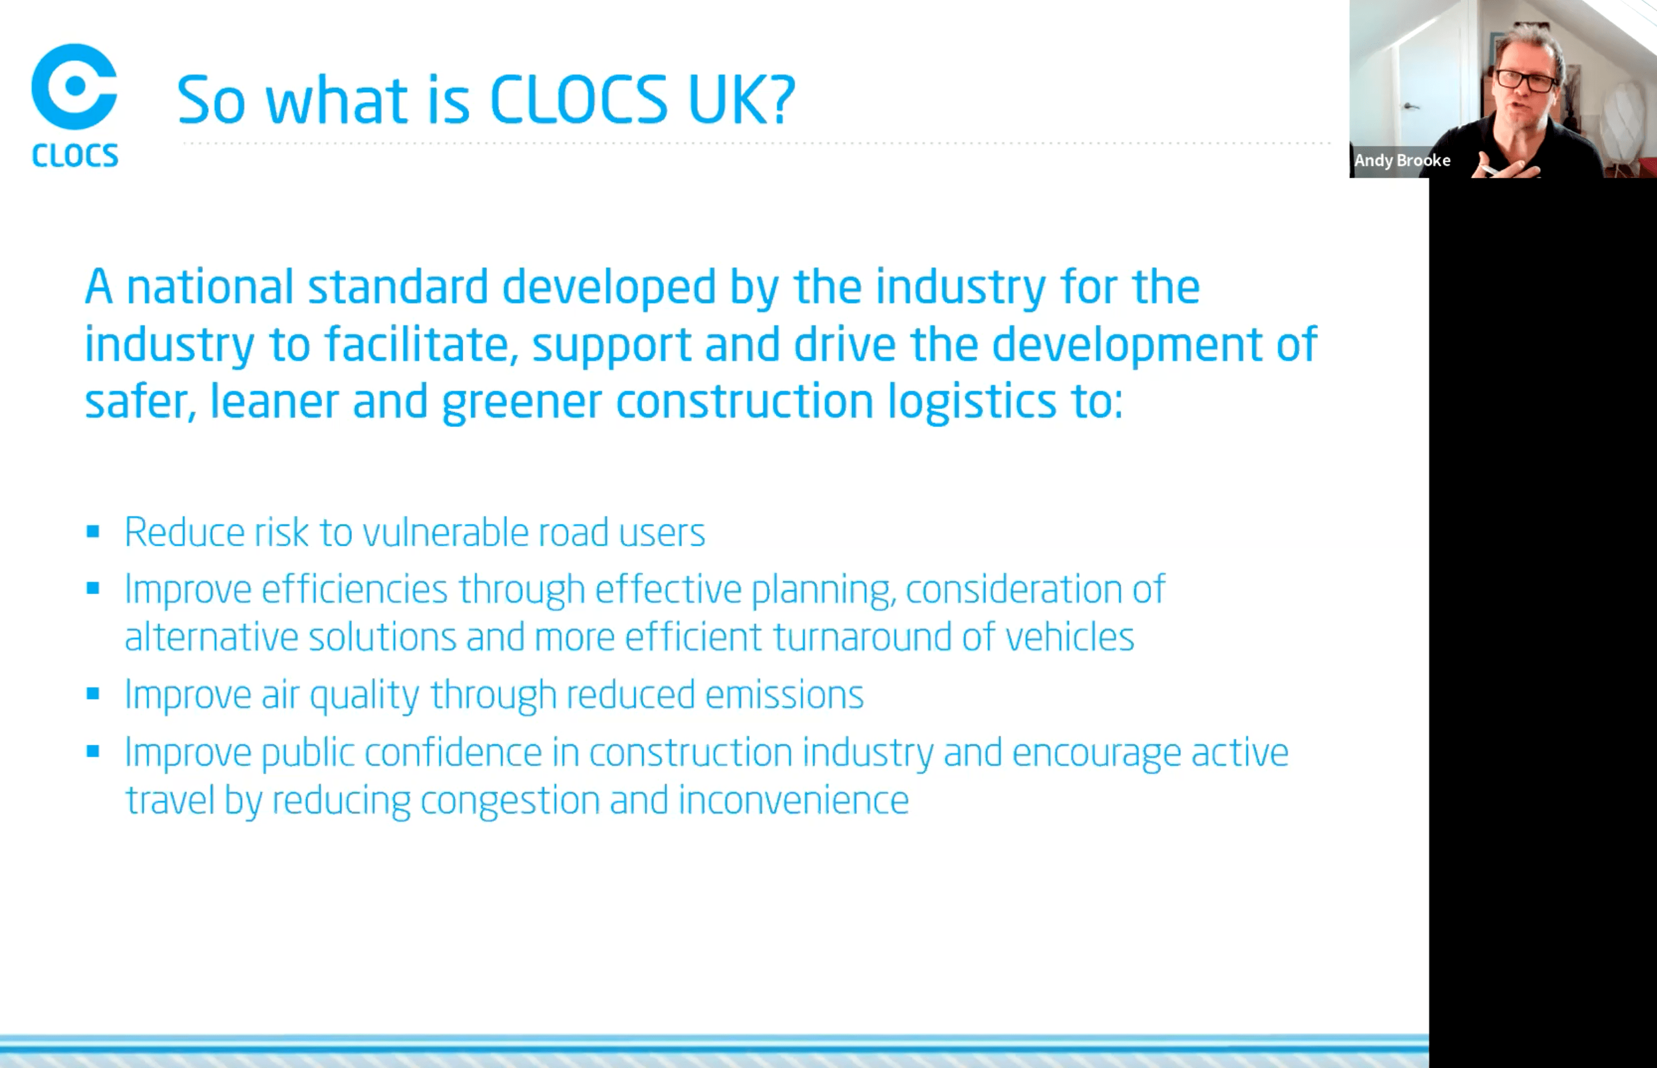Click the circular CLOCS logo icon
pyautogui.click(x=74, y=86)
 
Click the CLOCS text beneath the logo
pyautogui.click(x=75, y=155)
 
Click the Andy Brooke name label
pyautogui.click(x=1402, y=160)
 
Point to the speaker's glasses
pyautogui.click(x=1526, y=80)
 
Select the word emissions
pyautogui.click(x=784, y=694)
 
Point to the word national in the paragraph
pyautogui.click(x=210, y=286)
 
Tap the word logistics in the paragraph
pyautogui.click(x=972, y=401)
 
